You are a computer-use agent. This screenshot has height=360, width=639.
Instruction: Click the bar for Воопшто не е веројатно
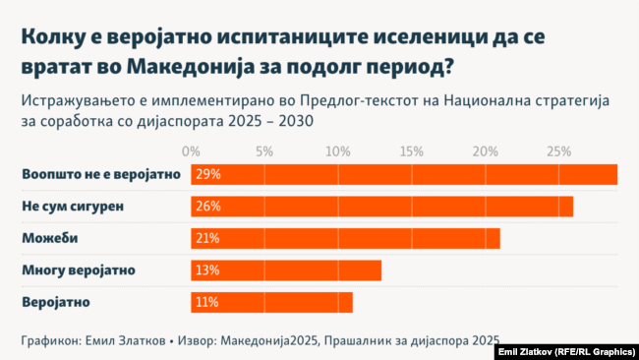pos(404,174)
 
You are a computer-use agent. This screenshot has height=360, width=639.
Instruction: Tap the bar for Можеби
pos(345,238)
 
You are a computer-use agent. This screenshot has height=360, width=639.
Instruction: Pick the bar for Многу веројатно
pos(286,270)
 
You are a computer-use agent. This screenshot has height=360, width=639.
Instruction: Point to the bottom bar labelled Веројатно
pos(271,302)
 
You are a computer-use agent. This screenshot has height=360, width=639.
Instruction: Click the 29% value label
pos(207,174)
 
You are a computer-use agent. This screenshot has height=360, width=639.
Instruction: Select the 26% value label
pos(207,207)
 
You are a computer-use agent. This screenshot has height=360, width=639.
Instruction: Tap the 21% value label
pos(207,238)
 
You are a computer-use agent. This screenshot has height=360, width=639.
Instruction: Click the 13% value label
pos(207,270)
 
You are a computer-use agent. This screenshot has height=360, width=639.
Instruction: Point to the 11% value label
pos(206,302)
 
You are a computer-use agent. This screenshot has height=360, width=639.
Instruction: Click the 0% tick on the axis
pos(192,151)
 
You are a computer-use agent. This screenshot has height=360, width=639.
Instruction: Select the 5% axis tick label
pos(264,151)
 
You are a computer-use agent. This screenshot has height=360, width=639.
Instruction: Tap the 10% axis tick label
pos(338,151)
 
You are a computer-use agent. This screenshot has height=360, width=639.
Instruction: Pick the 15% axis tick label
pos(412,151)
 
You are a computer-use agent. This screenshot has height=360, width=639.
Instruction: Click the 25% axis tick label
pos(558,151)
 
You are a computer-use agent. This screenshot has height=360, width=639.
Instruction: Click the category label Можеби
pos(49,238)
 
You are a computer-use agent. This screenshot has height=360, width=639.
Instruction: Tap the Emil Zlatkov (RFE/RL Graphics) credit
pos(564,351)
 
